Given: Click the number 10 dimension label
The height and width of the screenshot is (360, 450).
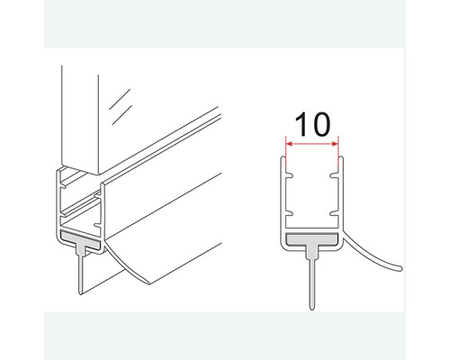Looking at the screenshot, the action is click(312, 124).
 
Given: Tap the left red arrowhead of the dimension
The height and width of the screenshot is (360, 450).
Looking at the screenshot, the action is click(290, 144).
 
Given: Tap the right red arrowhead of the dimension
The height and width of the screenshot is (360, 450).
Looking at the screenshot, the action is click(335, 144).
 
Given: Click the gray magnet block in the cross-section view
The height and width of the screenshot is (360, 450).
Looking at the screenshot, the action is click(312, 239).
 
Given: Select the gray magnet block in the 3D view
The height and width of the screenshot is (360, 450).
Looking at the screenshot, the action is click(80, 238).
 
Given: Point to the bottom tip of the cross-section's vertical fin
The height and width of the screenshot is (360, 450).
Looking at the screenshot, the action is click(312, 309).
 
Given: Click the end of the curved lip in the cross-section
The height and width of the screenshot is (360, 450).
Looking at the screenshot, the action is click(400, 268).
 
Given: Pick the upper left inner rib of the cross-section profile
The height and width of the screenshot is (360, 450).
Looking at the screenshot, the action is click(289, 175).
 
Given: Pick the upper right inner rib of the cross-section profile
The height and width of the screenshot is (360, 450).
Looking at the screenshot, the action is click(334, 175).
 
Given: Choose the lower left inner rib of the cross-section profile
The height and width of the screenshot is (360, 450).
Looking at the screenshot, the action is click(289, 214).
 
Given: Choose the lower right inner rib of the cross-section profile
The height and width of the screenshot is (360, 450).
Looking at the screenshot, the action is click(334, 214).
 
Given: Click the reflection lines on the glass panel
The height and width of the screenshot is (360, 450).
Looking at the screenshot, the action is click(121, 106).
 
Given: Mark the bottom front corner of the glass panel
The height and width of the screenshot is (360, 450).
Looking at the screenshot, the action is click(98, 175).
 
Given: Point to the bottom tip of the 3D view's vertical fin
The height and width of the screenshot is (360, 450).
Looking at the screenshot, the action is click(80, 293).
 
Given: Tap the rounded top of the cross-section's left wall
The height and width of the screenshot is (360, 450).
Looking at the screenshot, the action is click(283, 157).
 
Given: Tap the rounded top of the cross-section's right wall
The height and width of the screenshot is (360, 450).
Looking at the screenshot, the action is click(341, 157).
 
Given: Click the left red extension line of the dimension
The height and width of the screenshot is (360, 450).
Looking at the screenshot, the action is click(286, 151).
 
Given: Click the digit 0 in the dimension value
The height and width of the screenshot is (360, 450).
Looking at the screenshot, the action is click(320, 124).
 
